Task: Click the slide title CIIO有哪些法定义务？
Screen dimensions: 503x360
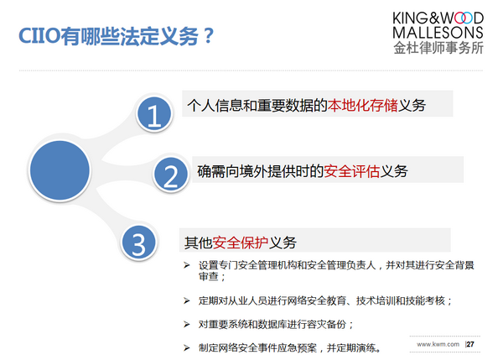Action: tap(117, 36)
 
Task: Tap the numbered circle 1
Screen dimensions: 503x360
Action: tap(154, 114)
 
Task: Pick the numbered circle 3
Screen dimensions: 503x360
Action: tap(139, 243)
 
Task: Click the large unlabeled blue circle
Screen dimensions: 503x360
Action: tap(60, 170)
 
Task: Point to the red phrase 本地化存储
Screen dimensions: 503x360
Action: tap(362, 105)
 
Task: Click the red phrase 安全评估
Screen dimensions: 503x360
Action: tap(352, 171)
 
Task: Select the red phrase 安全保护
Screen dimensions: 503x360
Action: tap(241, 243)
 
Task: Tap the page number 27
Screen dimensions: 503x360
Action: tap(470, 344)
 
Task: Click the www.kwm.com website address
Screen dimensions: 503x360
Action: tap(438, 344)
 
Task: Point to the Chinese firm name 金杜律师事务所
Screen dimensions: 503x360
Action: tap(438, 48)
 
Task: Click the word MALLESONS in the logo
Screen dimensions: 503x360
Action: tap(438, 33)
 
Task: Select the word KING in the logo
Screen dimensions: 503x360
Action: tap(411, 18)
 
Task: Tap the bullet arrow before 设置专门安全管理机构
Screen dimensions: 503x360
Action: tap(187, 265)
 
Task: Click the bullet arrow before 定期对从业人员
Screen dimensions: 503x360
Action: tap(187, 300)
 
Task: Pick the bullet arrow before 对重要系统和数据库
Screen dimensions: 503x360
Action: tap(187, 325)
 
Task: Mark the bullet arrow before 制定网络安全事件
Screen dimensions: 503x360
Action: tap(187, 347)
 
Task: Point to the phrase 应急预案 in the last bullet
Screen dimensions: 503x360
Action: tap(297, 347)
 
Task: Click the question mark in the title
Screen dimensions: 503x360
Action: tap(209, 35)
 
